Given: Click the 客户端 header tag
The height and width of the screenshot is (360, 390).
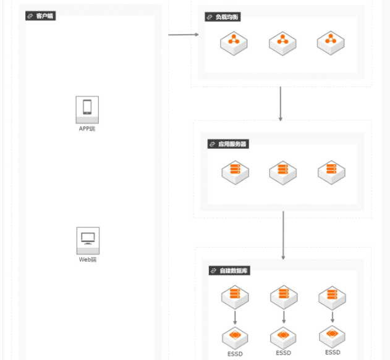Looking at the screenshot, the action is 41,16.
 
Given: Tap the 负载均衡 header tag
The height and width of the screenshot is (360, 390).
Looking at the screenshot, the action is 223,17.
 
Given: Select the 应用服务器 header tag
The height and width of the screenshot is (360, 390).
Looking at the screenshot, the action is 228,144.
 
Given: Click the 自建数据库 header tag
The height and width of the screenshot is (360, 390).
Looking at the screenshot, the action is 229,270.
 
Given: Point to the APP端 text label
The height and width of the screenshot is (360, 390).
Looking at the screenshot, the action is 87,128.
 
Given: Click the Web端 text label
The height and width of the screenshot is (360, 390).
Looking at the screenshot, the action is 88,259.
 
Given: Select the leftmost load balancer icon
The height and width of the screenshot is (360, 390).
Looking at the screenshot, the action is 234,43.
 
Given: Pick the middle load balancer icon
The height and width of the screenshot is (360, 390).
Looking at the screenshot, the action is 282,43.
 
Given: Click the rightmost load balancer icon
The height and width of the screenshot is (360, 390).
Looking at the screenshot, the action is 331,43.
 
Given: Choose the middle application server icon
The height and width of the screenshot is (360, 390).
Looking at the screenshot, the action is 283,173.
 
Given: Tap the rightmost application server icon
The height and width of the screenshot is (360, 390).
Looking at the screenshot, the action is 331,172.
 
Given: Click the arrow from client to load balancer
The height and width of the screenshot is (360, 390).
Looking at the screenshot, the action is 184,35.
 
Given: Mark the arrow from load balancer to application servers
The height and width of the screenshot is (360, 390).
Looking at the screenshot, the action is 281,104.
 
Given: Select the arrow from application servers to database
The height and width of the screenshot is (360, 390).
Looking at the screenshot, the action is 283,235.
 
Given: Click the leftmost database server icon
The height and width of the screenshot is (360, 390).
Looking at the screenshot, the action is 235,297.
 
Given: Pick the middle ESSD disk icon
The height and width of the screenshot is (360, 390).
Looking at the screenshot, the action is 283,338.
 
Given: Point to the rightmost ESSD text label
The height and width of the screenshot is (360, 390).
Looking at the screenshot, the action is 333,353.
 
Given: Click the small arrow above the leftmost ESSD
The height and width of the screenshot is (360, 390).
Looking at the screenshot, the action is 235,317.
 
